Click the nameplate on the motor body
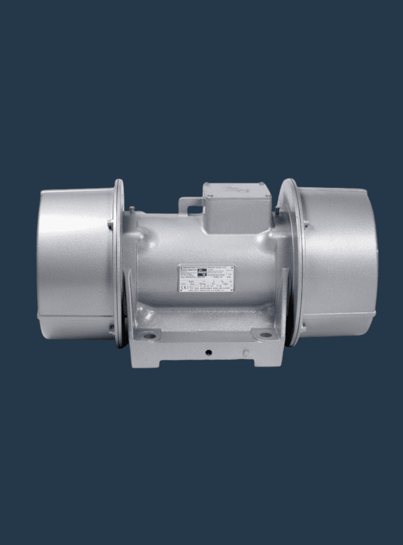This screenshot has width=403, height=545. [x=207, y=280]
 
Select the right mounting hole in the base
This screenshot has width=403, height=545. [x=265, y=334]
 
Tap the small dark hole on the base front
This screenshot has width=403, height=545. [x=208, y=352]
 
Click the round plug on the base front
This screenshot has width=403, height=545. [x=245, y=353]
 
